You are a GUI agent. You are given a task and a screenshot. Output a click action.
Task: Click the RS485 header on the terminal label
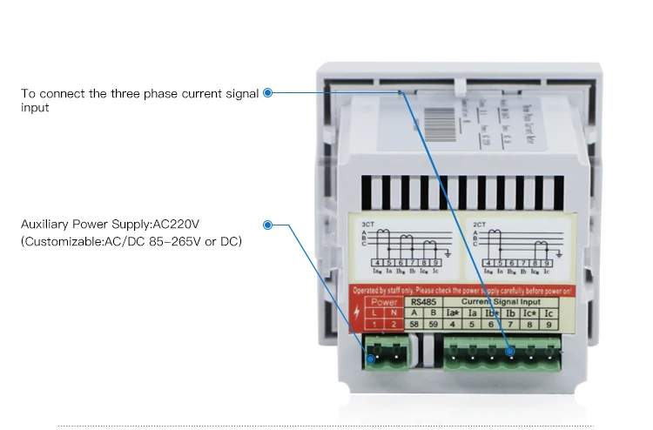(x=424, y=302)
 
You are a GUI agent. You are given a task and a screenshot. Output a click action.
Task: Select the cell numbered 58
(x=414, y=324)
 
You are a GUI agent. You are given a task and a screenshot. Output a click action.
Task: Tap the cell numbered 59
(x=433, y=324)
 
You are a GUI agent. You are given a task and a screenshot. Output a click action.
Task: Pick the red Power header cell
(x=384, y=302)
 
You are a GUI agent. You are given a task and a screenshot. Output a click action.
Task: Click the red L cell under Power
(x=375, y=312)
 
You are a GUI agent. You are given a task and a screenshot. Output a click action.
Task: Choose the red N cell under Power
(x=394, y=312)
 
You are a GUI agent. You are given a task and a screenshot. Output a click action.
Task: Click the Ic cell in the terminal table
(x=548, y=312)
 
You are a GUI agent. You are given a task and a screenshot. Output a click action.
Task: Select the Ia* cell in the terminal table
(x=452, y=312)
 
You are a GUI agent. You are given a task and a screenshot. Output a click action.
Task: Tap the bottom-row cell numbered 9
(x=548, y=324)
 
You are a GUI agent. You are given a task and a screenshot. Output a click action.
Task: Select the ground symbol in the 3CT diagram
(x=447, y=253)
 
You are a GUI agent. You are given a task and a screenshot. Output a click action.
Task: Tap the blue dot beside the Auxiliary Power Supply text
(x=268, y=225)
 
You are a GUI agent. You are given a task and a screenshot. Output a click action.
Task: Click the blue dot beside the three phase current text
(x=268, y=93)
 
